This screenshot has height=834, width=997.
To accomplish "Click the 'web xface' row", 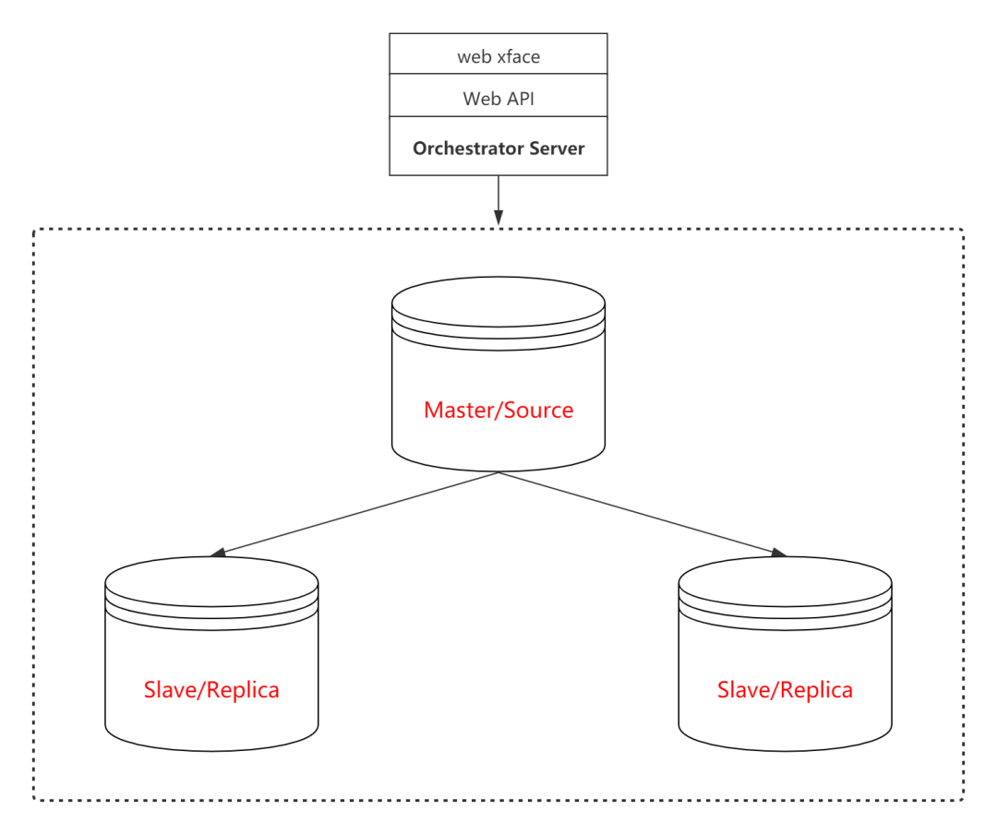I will click(x=498, y=56).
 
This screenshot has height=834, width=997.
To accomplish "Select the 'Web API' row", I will click(x=498, y=99).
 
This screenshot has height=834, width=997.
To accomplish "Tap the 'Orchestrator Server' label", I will click(x=498, y=149).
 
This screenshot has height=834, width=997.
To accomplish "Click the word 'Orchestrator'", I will click(x=468, y=149).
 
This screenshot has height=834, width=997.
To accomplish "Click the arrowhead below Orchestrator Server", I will click(x=498, y=219).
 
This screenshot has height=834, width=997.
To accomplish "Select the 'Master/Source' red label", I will click(x=498, y=411).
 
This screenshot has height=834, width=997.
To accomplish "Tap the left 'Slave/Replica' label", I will click(x=211, y=690).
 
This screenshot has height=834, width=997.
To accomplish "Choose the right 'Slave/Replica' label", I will click(x=785, y=690).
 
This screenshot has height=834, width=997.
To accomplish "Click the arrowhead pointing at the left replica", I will click(x=219, y=553).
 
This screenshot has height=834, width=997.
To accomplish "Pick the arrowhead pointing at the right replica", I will click(x=778, y=553).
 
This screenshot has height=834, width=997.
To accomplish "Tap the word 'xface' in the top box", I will click(x=518, y=56).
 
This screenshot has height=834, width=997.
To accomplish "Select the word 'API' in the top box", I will click(x=519, y=99).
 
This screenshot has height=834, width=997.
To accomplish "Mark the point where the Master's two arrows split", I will click(x=498, y=473).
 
